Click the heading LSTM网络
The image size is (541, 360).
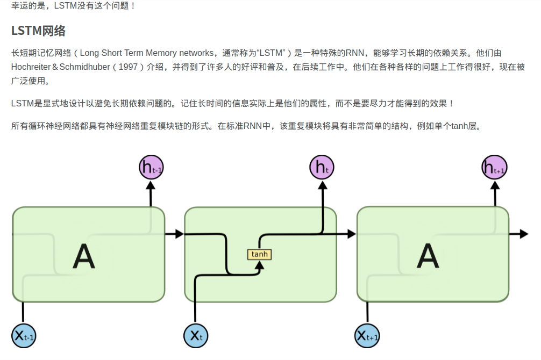pos(38,31)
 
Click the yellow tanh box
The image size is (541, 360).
pos(259,254)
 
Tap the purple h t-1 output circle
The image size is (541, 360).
pos(151,168)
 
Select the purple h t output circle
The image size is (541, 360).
pos(322,168)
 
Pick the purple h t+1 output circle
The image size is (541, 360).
pos(494,168)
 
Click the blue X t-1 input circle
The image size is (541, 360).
pos(24,336)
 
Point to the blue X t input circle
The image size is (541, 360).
pos(196,336)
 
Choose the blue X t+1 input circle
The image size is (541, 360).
pos(368,336)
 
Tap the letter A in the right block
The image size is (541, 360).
pos(428,256)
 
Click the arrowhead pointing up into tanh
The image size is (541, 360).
pos(260,264)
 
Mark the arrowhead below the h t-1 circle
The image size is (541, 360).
pos(151,185)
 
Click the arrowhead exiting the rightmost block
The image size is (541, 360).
pos(523,234)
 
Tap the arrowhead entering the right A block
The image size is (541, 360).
pos(352,234)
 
